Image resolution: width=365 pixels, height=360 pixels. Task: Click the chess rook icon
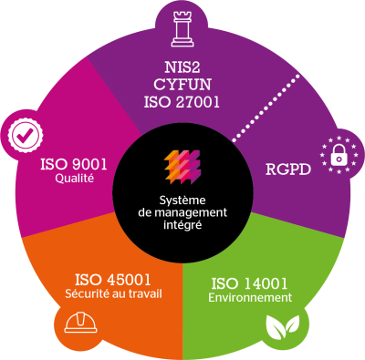(182, 29)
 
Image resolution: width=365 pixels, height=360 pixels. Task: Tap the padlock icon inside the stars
(339, 155)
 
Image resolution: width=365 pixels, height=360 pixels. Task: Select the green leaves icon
(283, 327)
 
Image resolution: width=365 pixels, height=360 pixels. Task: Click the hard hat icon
(80, 324)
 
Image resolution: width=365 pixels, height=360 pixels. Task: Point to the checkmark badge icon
(26, 135)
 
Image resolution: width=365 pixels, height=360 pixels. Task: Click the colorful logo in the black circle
(182, 167)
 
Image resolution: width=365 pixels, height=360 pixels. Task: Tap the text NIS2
(182, 67)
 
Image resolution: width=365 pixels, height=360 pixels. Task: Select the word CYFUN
(182, 85)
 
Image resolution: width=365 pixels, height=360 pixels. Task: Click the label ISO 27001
(182, 102)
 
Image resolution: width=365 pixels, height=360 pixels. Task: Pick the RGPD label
(288, 170)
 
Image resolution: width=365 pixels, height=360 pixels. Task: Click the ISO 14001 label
(249, 283)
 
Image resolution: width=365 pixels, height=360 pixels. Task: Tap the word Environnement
(250, 298)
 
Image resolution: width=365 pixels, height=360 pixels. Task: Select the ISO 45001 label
(113, 280)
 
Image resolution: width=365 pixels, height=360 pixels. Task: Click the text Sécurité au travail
(113, 293)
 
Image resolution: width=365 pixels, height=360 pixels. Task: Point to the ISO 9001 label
(74, 165)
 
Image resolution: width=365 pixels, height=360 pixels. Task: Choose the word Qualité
(74, 179)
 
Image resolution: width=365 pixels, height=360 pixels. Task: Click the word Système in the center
(182, 201)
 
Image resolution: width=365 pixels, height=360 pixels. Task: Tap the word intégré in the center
(182, 225)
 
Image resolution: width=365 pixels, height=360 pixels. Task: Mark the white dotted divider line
(266, 108)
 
